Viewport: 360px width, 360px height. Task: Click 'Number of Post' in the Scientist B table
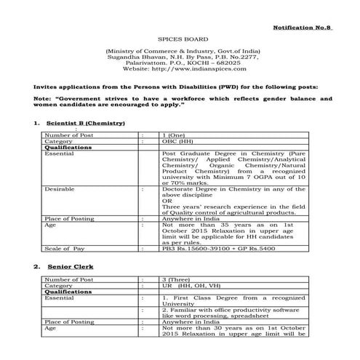pyautogui.click(x=69, y=135)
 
